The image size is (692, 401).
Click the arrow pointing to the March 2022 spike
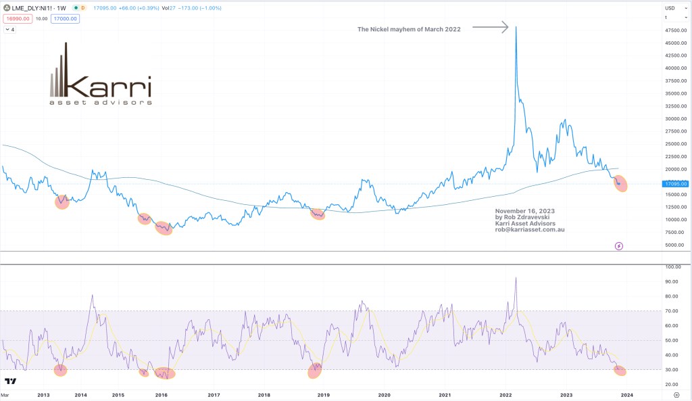pos(489,28)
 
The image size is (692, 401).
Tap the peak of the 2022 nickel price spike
pos(516,28)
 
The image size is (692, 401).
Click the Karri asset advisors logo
pos(101,76)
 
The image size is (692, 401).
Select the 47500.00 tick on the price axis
pos(676,30)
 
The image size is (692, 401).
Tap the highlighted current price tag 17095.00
pos(676,183)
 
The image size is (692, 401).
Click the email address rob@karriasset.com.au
pos(529,230)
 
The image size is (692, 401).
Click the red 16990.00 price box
pos(17,19)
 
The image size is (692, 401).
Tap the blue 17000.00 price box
pos(66,19)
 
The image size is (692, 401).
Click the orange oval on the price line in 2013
pos(61,202)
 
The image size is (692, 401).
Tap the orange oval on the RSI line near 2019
pos(316,370)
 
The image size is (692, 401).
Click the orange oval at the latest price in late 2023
pos(620,183)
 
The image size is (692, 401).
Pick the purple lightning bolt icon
pos(619,246)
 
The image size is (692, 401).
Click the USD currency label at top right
pos(670,8)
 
